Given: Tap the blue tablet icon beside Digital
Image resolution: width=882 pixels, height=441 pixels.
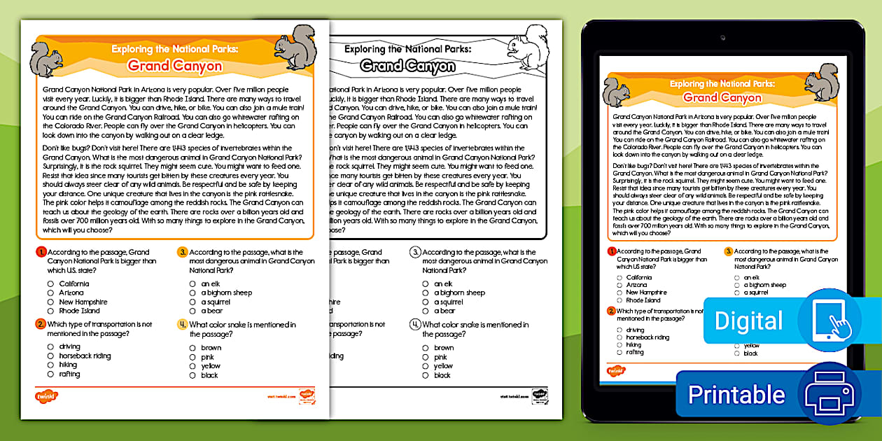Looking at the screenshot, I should tap(829, 319).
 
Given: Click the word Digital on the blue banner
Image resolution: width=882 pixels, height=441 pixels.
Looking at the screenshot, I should tap(748, 321).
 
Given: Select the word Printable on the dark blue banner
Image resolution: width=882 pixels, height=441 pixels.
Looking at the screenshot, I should tap(736, 395).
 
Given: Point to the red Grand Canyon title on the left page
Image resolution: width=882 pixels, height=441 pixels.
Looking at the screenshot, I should tap(174, 66).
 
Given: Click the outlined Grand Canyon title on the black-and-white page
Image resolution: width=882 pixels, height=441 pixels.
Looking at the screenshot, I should tap(407, 66).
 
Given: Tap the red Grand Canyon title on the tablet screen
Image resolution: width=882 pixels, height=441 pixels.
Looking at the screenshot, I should tap(722, 97).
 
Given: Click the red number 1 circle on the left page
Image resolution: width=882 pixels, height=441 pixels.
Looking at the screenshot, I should tap(42, 252).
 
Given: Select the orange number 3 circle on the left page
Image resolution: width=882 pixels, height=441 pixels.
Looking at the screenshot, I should tap(182, 252).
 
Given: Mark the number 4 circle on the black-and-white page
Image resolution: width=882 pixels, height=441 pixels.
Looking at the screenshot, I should tap(415, 325).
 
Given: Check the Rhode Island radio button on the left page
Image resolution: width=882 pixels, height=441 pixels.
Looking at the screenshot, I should tap(50, 311).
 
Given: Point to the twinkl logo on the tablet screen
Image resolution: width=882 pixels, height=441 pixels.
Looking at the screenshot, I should tap(616, 370).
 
